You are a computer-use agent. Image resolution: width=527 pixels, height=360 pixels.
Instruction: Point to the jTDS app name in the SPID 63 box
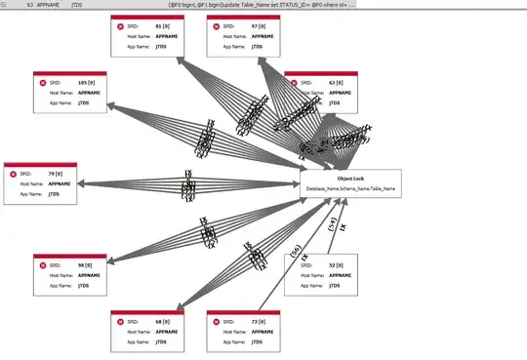click(337, 102)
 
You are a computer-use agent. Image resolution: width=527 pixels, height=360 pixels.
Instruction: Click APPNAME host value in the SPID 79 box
click(59, 183)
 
